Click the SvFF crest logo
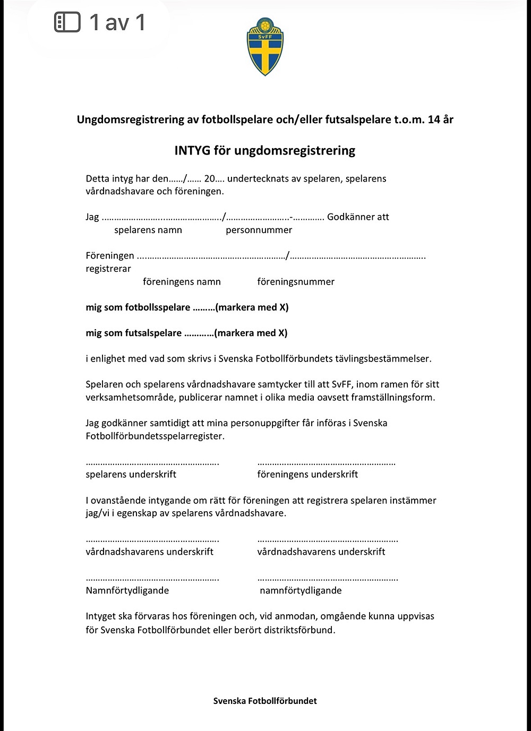click(265, 46)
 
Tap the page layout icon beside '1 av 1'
click(67, 22)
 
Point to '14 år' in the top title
click(440, 119)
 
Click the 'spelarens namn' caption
click(148, 230)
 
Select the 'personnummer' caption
click(259, 230)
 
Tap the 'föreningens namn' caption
click(182, 282)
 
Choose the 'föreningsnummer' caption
click(296, 282)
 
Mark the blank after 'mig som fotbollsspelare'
click(203, 308)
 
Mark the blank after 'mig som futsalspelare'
click(199, 334)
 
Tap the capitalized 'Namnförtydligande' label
click(127, 590)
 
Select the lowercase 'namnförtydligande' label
click(301, 590)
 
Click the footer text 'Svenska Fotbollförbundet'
click(265, 701)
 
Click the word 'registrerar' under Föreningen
click(108, 269)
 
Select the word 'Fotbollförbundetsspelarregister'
click(155, 436)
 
